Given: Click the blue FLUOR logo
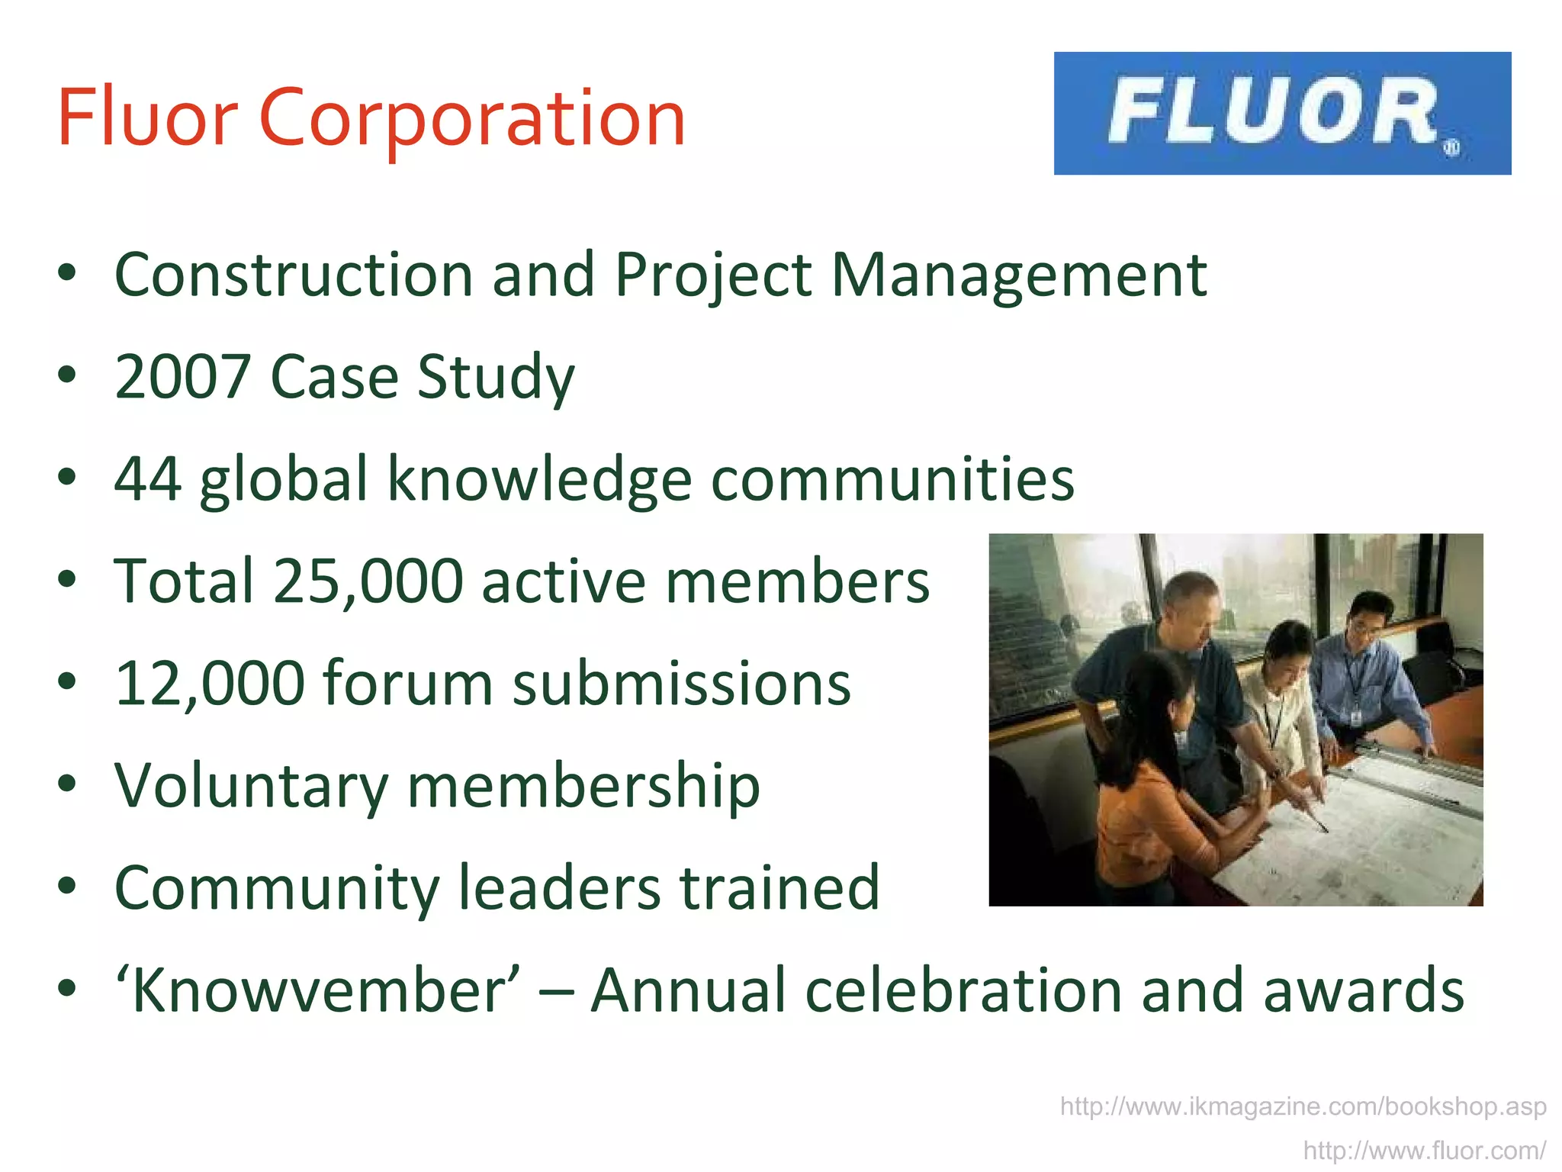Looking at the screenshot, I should tap(1282, 113).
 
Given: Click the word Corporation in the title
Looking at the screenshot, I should tap(472, 118).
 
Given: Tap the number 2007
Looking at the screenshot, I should tap(182, 377).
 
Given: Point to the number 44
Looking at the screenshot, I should tap(148, 479).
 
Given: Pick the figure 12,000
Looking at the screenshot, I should tap(210, 684).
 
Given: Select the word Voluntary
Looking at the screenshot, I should tap(252, 786).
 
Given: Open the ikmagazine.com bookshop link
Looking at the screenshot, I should tap(1303, 1106).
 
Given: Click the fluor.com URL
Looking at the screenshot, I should tap(1424, 1150).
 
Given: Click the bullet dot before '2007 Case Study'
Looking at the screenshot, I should tap(67, 375).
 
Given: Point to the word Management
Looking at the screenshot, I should tap(1019, 275).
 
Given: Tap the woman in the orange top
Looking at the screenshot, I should tap(1152, 778).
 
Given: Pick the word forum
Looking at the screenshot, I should tap(408, 684).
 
